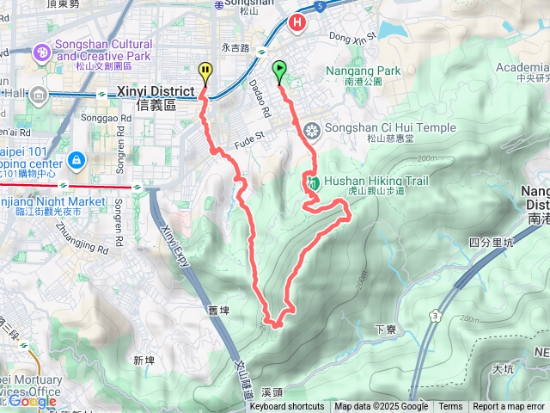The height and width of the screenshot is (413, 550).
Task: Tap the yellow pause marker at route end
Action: pos(205,71)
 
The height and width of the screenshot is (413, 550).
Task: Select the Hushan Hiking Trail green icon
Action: pos(314,182)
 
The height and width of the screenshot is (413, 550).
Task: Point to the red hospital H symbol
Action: pos(298,22)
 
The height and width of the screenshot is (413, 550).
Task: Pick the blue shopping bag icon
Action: pos(76,159)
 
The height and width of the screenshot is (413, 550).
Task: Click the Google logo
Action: pos(32,401)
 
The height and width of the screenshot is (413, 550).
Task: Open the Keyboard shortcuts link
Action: pos(287,407)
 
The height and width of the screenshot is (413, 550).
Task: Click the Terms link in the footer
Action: pos(450,407)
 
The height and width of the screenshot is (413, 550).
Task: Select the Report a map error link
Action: pos(510,407)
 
